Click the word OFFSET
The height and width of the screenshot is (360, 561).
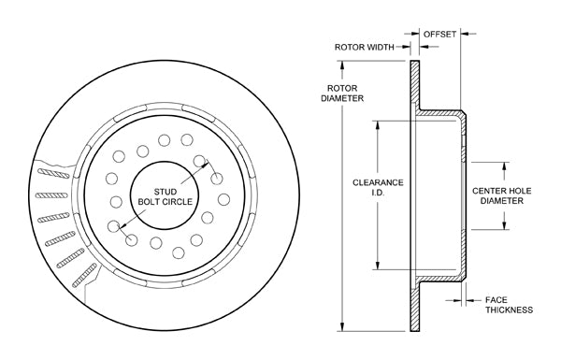click(439, 34)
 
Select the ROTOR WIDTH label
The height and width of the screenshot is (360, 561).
click(365, 47)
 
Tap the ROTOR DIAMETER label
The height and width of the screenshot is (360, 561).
click(342, 94)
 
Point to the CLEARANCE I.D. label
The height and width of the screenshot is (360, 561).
click(378, 188)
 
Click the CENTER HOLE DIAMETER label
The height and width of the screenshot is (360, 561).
click(501, 195)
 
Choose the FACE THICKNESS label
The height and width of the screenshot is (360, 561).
click(509, 305)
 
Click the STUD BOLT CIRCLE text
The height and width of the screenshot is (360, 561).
click(165, 196)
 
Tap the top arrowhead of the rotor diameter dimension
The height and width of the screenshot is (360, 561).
click(342, 65)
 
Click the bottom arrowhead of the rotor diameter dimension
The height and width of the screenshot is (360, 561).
click(342, 326)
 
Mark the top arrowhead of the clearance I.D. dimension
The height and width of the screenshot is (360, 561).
click(377, 125)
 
